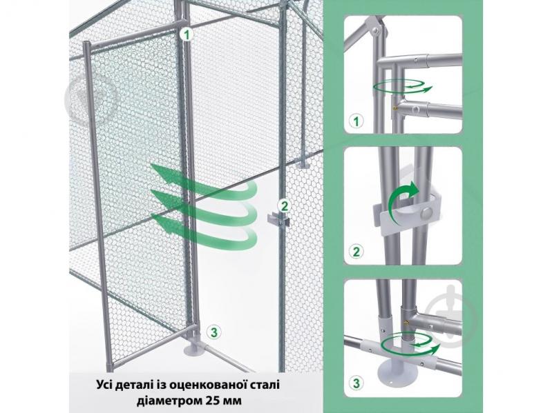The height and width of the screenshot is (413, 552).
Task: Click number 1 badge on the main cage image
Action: click(189, 32)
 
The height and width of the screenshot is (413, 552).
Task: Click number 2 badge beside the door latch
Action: click(283, 205)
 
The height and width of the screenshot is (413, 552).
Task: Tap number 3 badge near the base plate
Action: click(214, 332)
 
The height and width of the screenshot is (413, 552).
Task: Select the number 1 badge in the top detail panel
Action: click(357, 121)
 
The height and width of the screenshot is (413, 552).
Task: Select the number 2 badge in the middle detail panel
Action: click(357, 251)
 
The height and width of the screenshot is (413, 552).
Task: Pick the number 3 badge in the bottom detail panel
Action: click(357, 383)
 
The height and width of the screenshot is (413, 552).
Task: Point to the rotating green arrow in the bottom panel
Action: click(415, 339)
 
